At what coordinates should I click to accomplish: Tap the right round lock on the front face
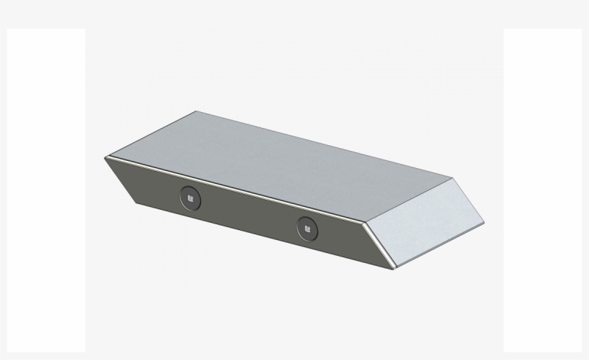tap(307, 228)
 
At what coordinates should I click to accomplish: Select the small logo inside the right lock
tap(307, 228)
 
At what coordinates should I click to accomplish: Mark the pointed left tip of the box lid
tap(105, 157)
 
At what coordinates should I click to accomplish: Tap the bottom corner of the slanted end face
tap(394, 269)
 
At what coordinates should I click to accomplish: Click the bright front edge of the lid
tap(237, 190)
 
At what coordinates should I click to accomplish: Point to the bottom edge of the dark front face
tap(266, 238)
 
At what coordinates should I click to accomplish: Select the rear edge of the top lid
tap(323, 144)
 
